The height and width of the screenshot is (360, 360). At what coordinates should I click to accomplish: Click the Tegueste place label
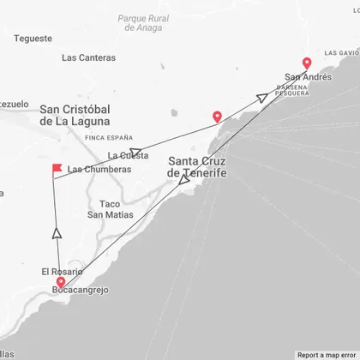click(34, 39)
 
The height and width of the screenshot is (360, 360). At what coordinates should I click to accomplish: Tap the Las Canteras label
click(88, 58)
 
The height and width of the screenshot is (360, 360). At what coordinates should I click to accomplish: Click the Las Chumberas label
click(99, 169)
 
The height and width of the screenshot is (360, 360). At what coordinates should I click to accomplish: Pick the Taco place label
click(109, 203)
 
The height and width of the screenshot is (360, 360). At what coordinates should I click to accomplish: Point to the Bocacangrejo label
click(81, 290)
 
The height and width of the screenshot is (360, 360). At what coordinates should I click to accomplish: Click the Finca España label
click(110, 137)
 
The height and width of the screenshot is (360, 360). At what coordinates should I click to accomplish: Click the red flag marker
click(57, 168)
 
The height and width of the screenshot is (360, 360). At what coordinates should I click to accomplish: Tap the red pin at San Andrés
click(307, 63)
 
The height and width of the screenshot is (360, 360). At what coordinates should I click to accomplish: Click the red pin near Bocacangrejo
click(60, 282)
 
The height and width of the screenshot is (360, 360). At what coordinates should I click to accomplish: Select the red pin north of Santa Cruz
click(217, 117)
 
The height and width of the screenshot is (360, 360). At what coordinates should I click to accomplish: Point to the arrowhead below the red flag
click(57, 231)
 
